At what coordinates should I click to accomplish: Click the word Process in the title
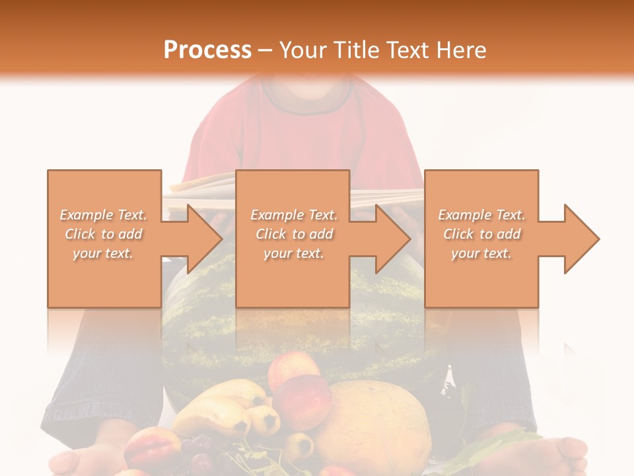(207, 50)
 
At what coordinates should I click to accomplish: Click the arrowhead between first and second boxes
(201, 239)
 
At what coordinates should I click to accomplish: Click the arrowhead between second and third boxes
(390, 239)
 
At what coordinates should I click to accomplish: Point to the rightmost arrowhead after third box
(579, 239)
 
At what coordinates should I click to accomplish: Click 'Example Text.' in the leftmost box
(103, 215)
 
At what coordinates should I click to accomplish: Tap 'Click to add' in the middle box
(294, 234)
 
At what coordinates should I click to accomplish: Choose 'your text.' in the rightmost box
(481, 253)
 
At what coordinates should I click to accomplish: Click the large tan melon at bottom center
(370, 423)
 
